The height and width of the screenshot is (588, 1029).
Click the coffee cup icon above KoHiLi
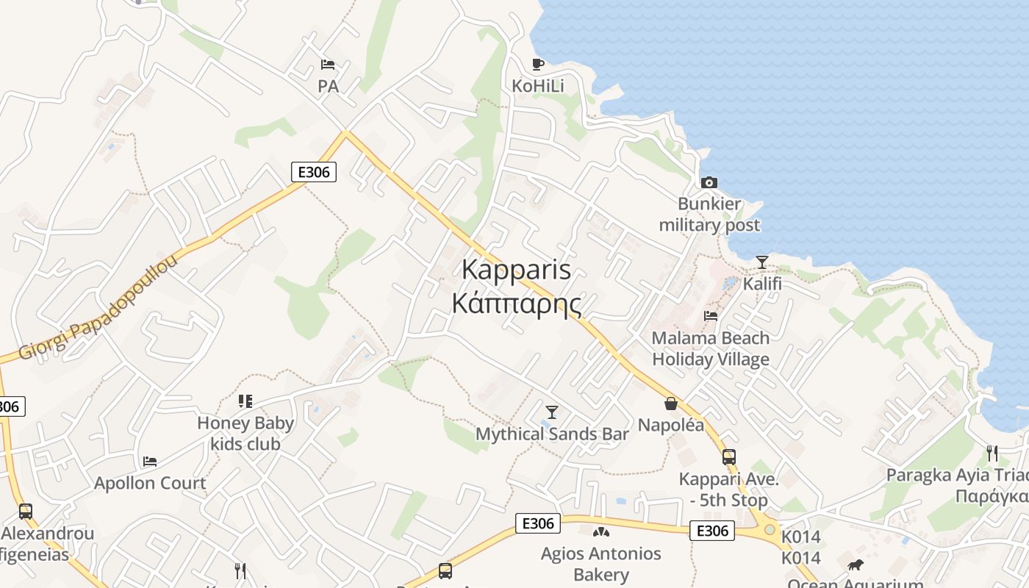coord(538,64)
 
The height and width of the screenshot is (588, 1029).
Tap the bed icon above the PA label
coord(328,65)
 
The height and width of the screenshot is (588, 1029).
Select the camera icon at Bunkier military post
coord(709,182)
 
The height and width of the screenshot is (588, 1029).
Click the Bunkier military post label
coord(709,215)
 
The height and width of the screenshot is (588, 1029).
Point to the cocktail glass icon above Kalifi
coord(762,262)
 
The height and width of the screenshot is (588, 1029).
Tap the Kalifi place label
coord(762,284)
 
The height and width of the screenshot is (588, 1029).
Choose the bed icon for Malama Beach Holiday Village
coord(711,316)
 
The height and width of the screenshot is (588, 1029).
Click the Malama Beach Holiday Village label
coord(711,348)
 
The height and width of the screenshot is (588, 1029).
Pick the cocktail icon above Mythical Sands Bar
coord(552,412)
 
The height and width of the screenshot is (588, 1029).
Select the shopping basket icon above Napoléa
coord(671,404)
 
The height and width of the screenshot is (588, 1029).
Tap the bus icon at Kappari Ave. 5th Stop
coord(729,456)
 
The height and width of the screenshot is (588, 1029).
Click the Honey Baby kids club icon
coord(245,401)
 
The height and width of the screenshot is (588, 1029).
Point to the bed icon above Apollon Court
coord(150,462)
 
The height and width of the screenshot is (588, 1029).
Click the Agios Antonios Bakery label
coord(601,564)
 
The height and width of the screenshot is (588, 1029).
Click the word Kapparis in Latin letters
coord(516,270)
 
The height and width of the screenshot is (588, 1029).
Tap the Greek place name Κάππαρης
coord(516,303)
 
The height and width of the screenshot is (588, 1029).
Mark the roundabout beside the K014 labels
coord(770,529)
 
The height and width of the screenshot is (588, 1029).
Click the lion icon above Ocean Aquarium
coord(856,565)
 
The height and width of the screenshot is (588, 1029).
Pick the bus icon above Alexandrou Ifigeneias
coord(26,511)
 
